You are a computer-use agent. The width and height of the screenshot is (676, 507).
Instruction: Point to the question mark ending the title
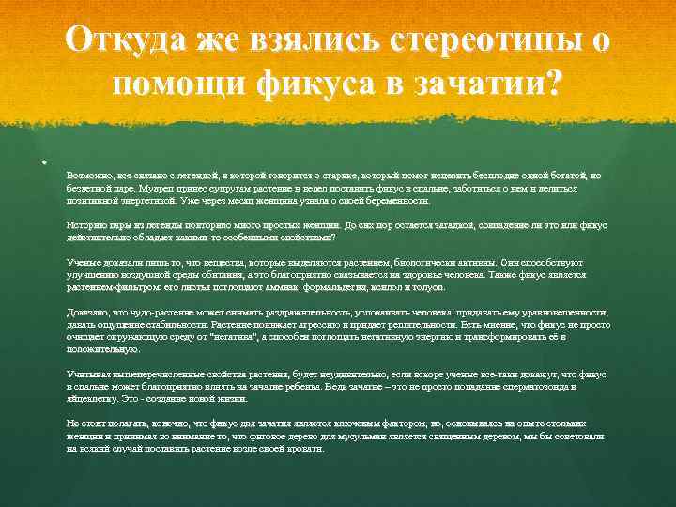[555, 85]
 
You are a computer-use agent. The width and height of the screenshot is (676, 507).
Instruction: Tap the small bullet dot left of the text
[44, 162]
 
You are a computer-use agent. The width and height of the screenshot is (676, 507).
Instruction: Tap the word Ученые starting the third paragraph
[83, 262]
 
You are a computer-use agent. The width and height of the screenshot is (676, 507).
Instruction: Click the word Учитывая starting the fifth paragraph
[87, 374]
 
